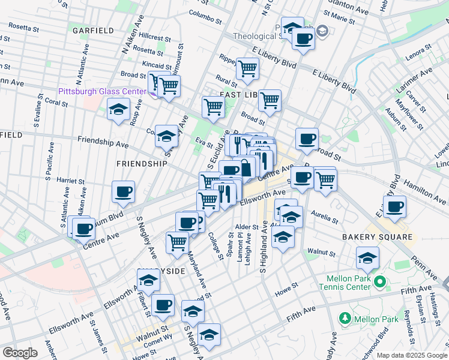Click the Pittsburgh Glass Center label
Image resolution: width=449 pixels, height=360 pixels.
coord(102,91)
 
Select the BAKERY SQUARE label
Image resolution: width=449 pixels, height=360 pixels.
coord(378,238)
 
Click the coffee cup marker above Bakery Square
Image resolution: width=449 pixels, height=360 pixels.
coord(394,207)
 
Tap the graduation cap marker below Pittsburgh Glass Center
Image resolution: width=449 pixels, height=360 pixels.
coord(119,110)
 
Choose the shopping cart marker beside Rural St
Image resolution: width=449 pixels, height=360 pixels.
coord(247,69)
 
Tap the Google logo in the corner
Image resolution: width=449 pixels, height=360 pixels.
coord(20,353)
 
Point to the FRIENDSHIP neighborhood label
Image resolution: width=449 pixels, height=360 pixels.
coord(142,164)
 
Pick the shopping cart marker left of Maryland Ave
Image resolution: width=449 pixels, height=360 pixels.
coord(178,242)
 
